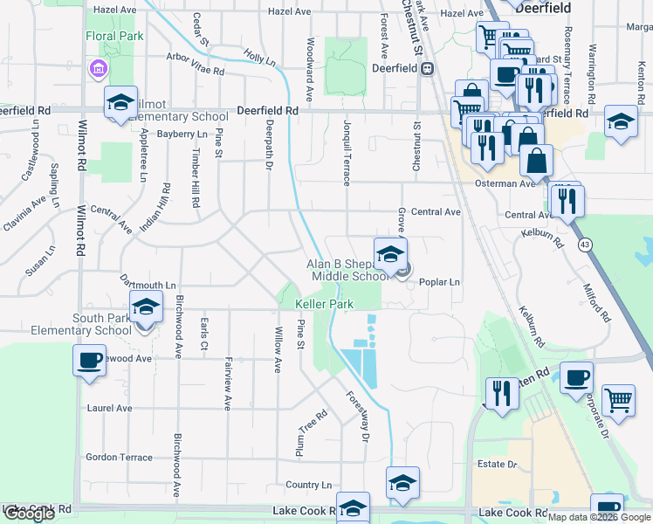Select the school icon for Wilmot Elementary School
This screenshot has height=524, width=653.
[120, 101]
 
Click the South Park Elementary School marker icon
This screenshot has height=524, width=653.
[146, 307]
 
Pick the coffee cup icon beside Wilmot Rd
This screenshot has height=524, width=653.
[89, 360]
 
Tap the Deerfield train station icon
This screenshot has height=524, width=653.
[428, 69]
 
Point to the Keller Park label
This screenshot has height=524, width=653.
[324, 304]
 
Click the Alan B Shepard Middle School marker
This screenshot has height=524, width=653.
[390, 254]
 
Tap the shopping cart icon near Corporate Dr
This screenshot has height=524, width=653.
[618, 399]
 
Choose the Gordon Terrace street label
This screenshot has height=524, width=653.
[120, 458]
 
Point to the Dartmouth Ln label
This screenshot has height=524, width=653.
[148, 286]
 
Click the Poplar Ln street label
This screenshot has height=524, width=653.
[439, 282]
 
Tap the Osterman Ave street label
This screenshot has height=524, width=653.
[516, 184]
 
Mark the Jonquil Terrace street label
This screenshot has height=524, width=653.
[347, 153]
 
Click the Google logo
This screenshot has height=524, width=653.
[29, 514]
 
